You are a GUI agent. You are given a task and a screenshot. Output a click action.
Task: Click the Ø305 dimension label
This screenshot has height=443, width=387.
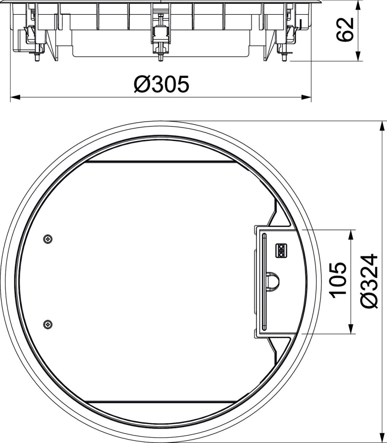point(161,84)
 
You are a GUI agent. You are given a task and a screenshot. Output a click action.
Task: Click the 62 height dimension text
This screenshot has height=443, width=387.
point(345,30)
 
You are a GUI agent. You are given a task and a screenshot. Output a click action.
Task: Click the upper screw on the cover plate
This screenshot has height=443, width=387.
point(48,239)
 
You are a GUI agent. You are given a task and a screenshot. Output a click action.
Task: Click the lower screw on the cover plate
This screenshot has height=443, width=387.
point(48,324)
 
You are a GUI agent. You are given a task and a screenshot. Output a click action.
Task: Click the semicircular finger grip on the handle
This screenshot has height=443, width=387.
point(273,281)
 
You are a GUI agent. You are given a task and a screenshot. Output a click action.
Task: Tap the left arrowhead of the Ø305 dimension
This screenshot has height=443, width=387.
point(15,97)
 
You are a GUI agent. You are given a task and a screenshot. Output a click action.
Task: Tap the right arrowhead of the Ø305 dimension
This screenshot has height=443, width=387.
point(306,97)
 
